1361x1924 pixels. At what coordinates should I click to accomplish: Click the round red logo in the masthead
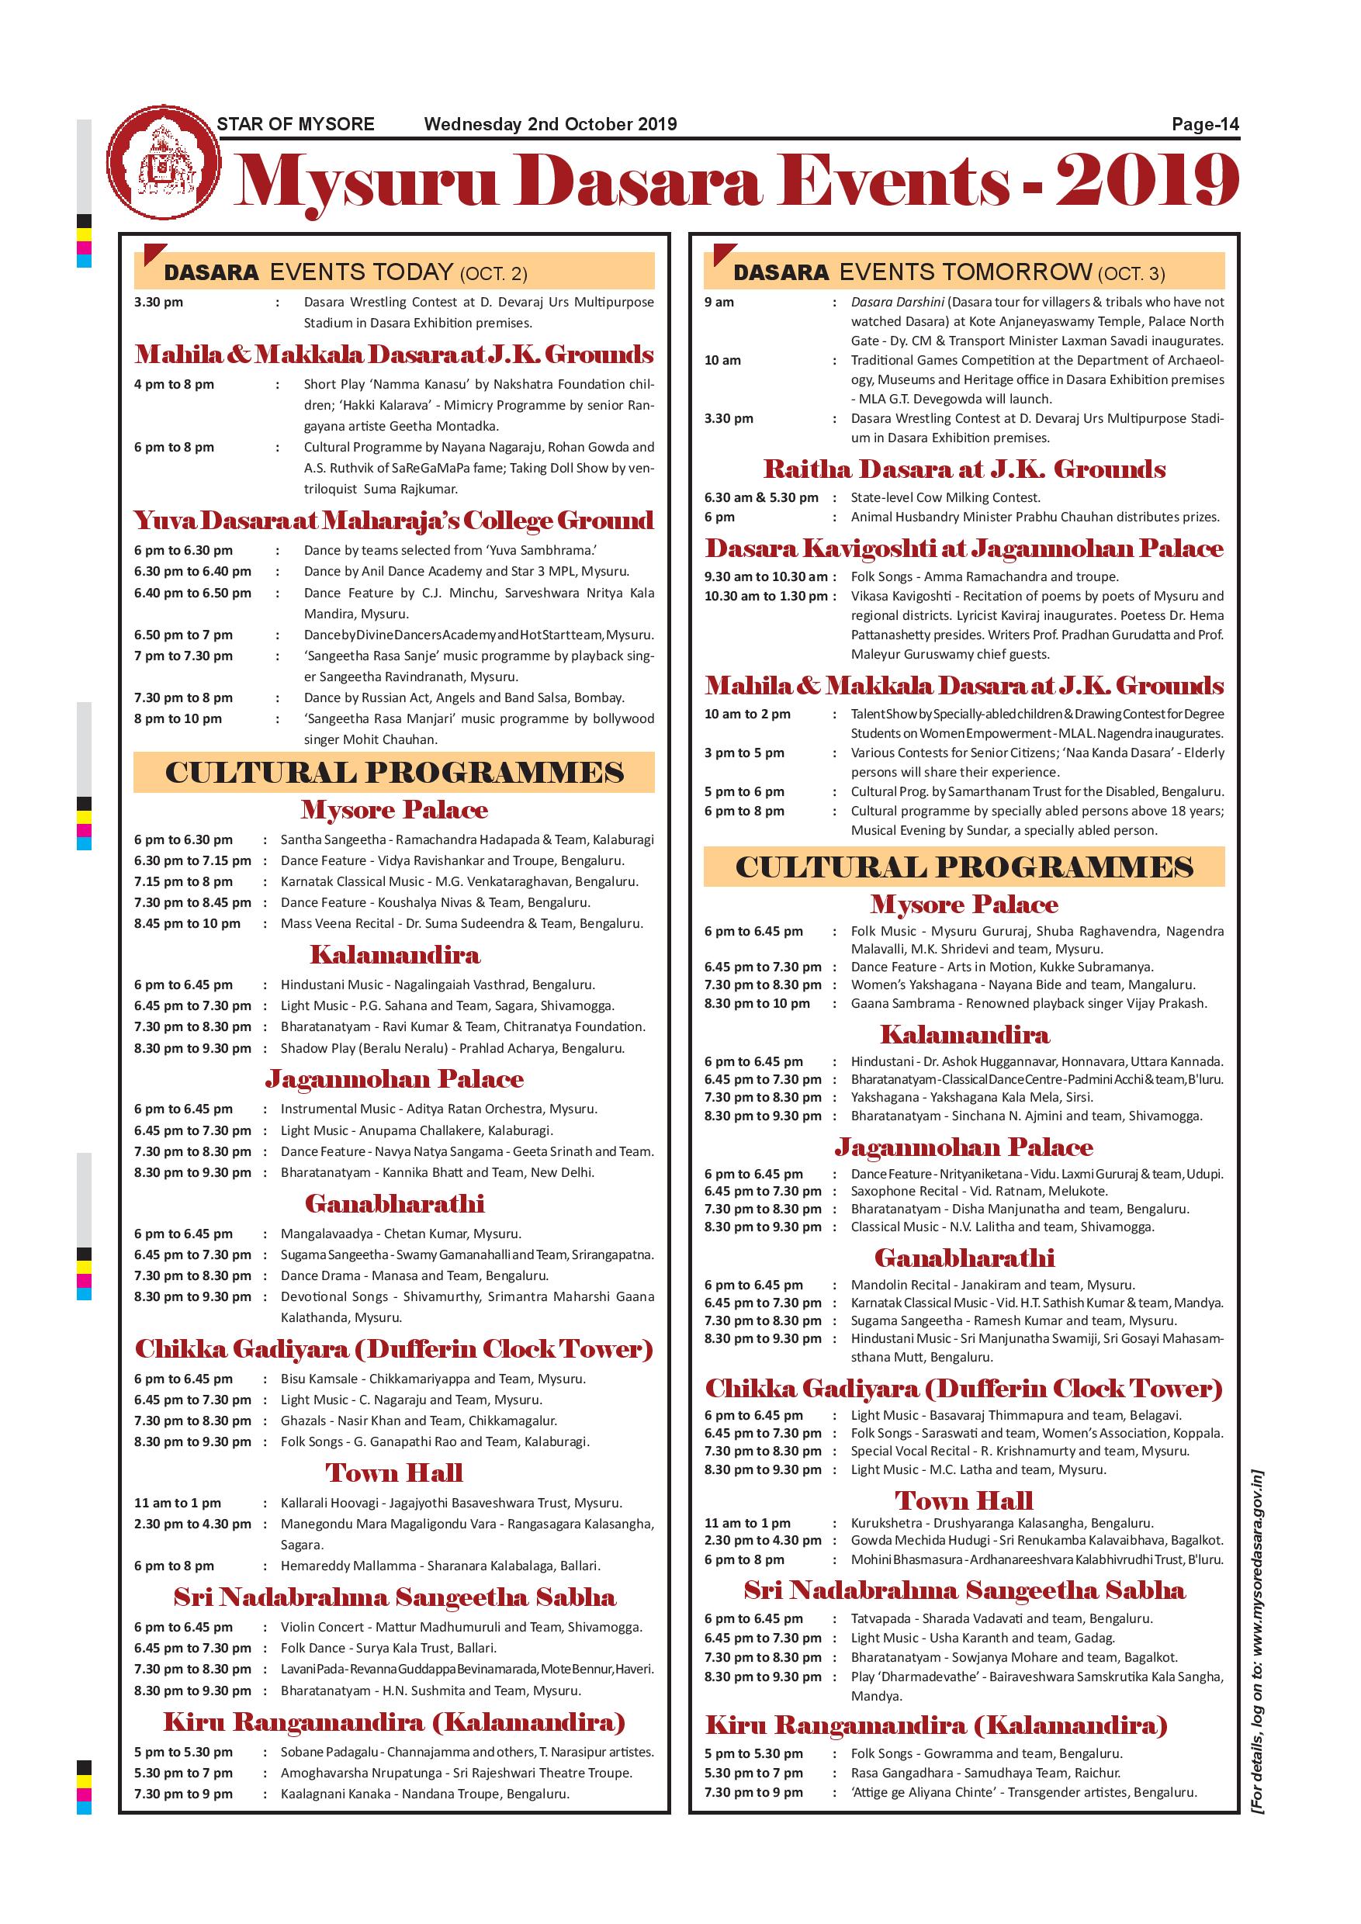click(164, 163)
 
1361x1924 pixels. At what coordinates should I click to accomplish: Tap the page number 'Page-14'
click(1204, 125)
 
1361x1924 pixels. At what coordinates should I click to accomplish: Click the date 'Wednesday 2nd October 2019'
click(550, 125)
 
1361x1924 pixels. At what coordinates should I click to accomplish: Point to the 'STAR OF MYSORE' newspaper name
click(295, 125)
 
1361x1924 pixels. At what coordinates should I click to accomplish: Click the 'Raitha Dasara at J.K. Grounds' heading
click(964, 469)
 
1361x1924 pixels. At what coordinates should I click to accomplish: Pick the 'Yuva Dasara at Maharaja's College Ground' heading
click(394, 521)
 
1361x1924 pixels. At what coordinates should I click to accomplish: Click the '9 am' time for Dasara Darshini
click(719, 302)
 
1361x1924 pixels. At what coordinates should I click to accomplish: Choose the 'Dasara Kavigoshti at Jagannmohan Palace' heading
click(964, 548)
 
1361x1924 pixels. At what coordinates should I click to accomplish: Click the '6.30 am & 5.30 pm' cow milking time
click(761, 498)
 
